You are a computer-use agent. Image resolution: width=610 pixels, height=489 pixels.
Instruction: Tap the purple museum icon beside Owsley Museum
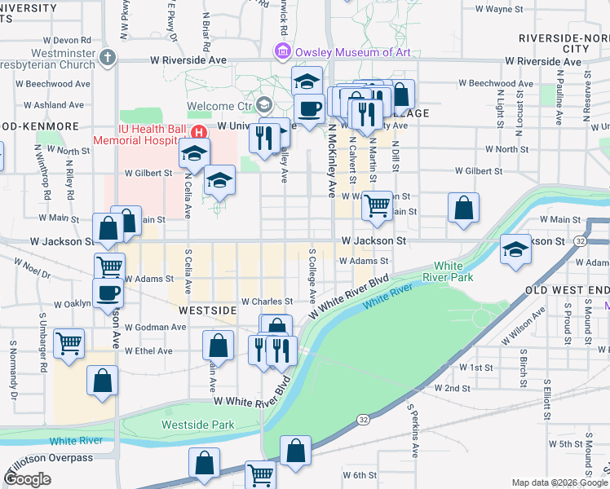coord(283,52)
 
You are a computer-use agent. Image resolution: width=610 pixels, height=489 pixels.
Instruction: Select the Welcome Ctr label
coord(220,106)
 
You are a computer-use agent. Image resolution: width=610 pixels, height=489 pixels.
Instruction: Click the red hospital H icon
coord(197,133)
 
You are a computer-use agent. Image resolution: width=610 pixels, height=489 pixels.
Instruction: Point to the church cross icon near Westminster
coord(109,57)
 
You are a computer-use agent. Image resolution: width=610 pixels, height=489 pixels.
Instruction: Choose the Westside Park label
coord(198,425)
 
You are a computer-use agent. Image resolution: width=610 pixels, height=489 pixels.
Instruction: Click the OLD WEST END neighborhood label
coord(568,290)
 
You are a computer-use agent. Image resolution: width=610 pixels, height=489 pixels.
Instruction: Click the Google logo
coord(27,479)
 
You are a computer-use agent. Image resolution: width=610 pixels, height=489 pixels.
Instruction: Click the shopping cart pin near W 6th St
coord(260,474)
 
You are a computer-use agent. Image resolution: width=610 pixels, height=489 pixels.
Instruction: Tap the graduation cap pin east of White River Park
coord(515,250)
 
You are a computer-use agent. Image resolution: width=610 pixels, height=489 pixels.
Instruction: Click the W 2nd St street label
coord(451,388)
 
